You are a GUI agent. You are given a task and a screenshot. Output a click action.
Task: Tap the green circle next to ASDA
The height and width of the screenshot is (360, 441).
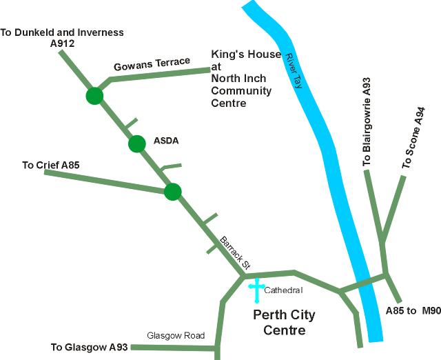(137, 143)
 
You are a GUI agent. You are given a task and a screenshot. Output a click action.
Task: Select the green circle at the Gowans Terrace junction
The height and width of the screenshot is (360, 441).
(94, 96)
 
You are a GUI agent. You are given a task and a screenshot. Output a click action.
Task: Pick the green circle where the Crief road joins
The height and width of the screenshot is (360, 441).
(172, 191)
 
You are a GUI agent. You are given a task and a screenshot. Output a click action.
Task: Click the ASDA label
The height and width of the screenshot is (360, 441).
(166, 141)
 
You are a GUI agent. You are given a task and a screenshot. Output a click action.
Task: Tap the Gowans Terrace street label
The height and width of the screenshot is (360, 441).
(151, 65)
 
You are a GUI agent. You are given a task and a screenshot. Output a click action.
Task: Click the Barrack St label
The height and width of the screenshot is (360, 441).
(234, 253)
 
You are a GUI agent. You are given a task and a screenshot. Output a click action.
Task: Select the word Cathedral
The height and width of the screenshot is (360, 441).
(283, 290)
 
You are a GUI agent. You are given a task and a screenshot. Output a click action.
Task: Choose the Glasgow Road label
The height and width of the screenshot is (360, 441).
(176, 336)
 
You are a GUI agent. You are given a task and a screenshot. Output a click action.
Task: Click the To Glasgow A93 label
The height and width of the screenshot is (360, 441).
(89, 347)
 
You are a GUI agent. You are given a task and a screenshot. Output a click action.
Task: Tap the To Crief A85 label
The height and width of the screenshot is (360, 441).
(51, 165)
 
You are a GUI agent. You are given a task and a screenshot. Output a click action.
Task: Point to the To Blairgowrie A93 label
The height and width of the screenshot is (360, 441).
(367, 121)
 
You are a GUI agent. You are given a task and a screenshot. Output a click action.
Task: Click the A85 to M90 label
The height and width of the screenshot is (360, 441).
(413, 311)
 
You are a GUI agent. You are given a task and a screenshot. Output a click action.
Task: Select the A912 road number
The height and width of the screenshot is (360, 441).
(62, 43)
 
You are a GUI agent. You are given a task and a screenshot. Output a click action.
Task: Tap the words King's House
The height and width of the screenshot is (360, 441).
(246, 54)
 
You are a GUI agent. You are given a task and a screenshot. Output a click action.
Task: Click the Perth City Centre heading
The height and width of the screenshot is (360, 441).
(284, 323)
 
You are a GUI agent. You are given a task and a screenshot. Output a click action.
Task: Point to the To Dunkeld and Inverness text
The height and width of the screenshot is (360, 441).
(62, 32)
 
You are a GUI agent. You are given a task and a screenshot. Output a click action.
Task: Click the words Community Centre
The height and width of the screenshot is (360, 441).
(241, 97)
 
